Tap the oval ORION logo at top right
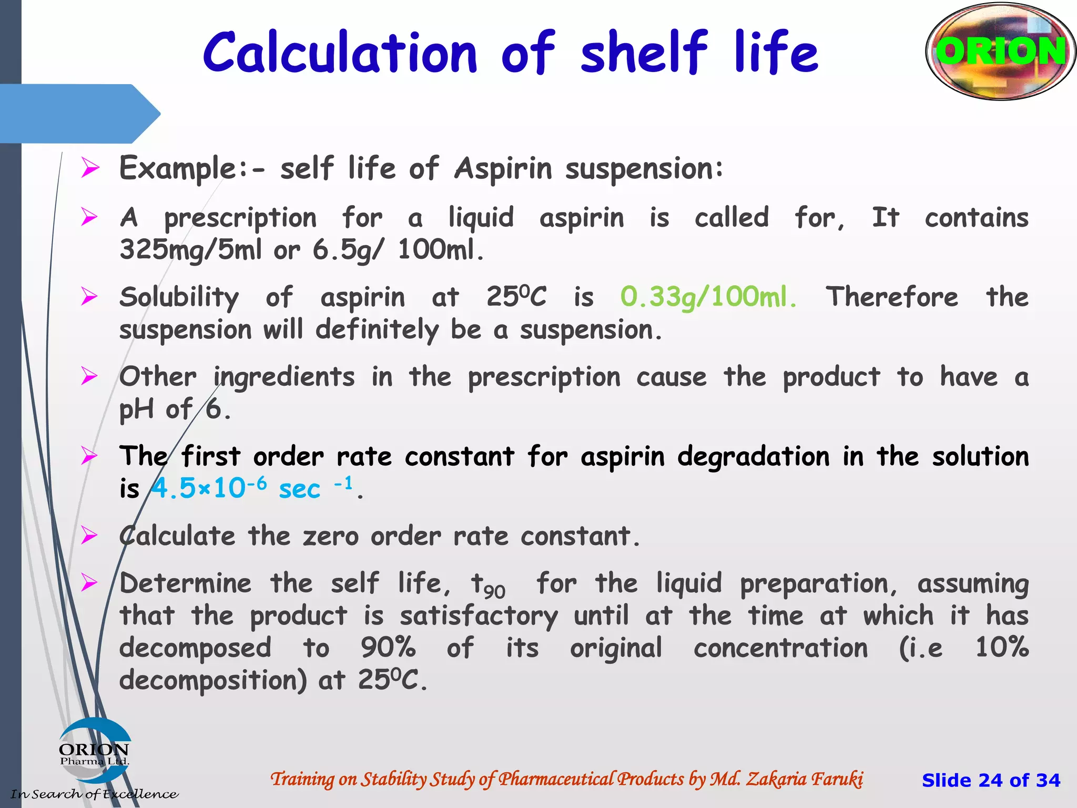pyautogui.click(x=1000, y=52)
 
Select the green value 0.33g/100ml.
pyautogui.click(x=708, y=297)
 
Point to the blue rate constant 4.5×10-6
pyautogui.click(x=209, y=488)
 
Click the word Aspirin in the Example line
pyautogui.click(x=503, y=169)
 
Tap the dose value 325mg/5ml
pyautogui.click(x=190, y=249)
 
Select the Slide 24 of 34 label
pyautogui.click(x=991, y=780)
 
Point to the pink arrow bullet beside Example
pyautogui.click(x=90, y=168)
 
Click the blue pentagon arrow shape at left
pyautogui.click(x=79, y=114)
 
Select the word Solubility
pyautogui.click(x=179, y=298)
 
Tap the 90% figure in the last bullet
pyautogui.click(x=388, y=648)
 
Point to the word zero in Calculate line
pyautogui.click(x=330, y=537)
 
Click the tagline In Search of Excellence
pyautogui.click(x=95, y=794)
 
